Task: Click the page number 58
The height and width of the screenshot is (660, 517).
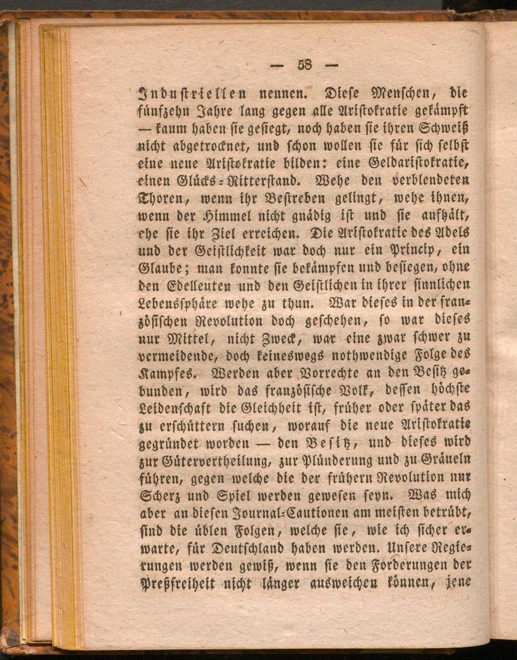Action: click(x=304, y=65)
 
